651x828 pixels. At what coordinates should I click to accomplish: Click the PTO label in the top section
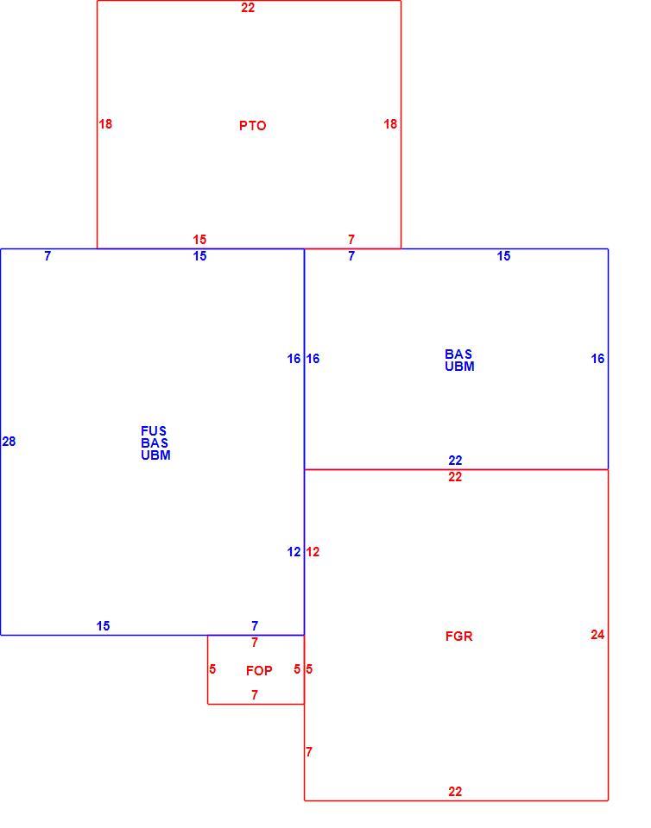[253, 126]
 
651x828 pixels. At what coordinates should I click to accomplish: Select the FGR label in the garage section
[458, 637]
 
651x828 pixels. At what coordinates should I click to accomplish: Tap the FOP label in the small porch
[259, 671]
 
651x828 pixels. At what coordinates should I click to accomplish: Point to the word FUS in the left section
[154, 431]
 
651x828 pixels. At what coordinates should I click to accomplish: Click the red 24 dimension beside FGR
[597, 635]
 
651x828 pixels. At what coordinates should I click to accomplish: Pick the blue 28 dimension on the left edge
[9, 442]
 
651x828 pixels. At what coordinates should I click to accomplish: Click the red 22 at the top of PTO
[248, 8]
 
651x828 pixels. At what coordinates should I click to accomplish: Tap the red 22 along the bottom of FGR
[455, 792]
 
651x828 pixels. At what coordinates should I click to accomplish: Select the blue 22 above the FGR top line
[455, 461]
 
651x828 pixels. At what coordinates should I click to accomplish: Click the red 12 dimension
[313, 552]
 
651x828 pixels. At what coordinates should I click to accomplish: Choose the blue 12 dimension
[294, 552]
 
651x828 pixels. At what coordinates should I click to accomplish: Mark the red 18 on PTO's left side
[105, 124]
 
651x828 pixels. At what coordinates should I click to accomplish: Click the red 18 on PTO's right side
[390, 124]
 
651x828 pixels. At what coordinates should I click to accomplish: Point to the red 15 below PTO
[199, 240]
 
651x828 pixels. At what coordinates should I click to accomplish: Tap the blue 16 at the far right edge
[597, 359]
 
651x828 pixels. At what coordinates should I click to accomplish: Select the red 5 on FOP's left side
[212, 669]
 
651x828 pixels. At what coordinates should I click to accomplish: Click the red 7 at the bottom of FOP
[255, 695]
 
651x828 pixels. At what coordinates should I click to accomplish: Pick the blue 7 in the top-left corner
[47, 256]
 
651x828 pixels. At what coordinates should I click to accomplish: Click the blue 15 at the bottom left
[103, 626]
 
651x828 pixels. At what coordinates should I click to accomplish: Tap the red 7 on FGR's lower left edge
[309, 751]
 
